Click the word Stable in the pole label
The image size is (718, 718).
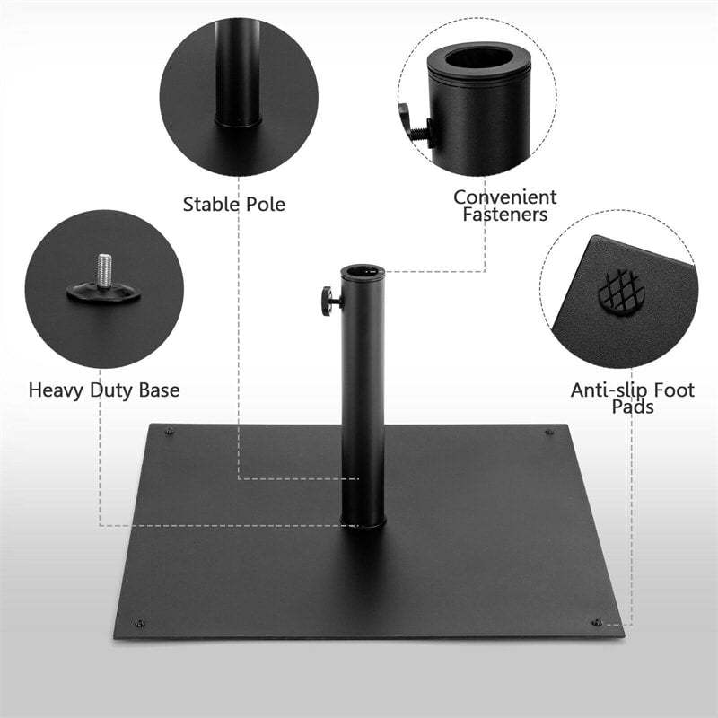[x=212, y=204]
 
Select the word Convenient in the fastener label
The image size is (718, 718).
[x=504, y=197]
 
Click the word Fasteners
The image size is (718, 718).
[x=504, y=215]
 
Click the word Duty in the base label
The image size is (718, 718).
[x=112, y=390]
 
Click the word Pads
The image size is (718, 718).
[x=632, y=407]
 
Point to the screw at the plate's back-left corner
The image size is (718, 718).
[x=170, y=432]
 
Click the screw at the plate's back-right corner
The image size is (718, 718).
[x=549, y=432]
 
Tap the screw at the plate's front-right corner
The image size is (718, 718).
[x=595, y=622]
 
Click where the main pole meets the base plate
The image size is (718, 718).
[x=363, y=522]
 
